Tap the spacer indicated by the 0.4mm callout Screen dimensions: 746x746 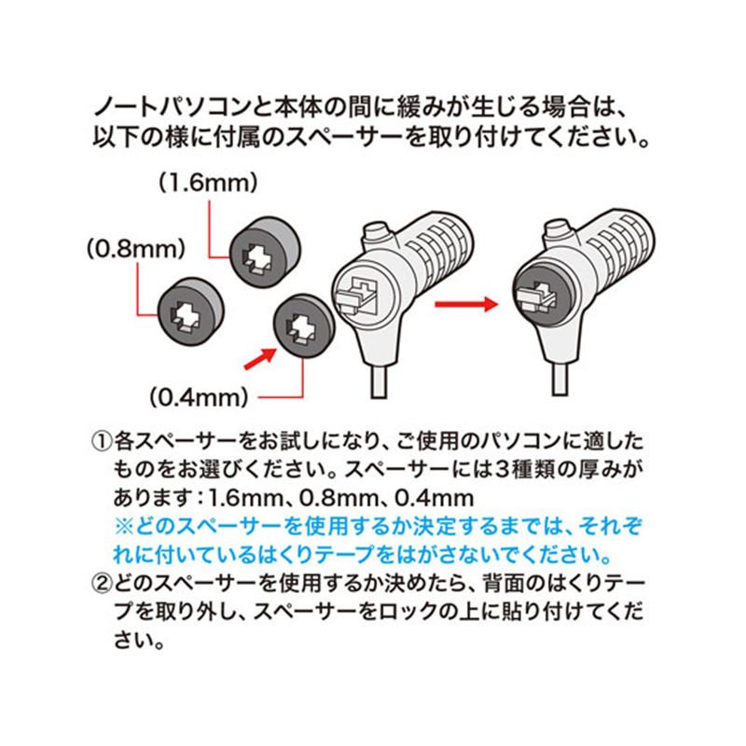click(302, 325)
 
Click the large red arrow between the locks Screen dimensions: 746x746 click(467, 304)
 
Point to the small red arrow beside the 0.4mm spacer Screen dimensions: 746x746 click(259, 357)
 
